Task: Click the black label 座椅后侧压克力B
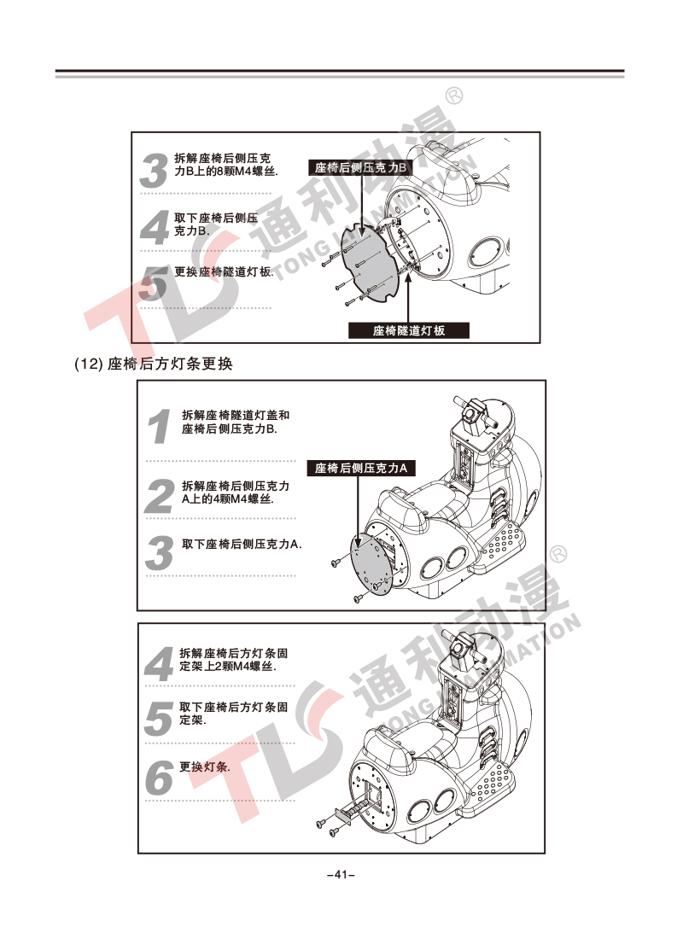pos(360,167)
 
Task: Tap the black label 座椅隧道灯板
pos(409,330)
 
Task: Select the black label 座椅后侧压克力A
pos(361,469)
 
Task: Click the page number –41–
pos(341,874)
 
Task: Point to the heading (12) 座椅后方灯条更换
pos(154,364)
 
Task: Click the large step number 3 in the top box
pos(155,171)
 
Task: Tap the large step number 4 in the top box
pos(155,228)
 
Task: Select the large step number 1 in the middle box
pos(160,426)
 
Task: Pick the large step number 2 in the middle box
pos(160,495)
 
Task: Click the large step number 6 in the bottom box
pos(159,778)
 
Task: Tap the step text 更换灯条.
pos(205,767)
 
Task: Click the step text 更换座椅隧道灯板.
pos(225,272)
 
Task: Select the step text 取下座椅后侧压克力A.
pos(242,544)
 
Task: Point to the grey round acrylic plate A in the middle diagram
pos(372,564)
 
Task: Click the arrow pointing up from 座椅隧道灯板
pos(408,294)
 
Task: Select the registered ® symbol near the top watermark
pos(454,96)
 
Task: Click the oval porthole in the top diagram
pos(486,251)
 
